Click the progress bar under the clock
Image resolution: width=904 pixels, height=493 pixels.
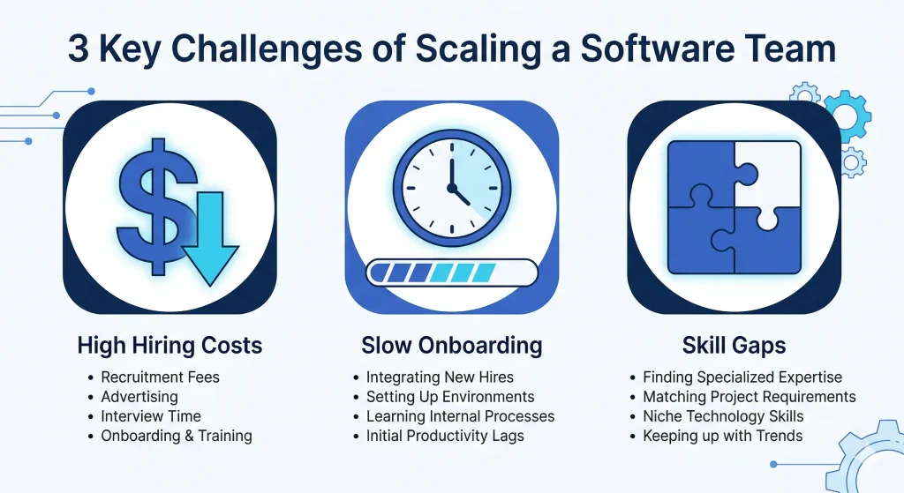pos(451,273)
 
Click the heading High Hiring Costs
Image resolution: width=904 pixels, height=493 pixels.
pos(169,345)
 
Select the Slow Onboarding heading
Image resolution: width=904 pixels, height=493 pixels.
pos(451,345)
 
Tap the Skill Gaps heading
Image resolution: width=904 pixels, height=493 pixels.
pos(734,345)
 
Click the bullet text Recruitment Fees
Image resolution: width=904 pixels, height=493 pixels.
pos(160,377)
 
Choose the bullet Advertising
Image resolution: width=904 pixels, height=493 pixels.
pos(139,397)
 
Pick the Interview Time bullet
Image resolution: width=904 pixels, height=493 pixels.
pos(151,416)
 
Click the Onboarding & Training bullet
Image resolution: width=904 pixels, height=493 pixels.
pos(176,436)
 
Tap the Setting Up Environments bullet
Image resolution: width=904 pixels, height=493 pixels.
pos(450,397)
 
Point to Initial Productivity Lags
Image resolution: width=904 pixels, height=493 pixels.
pos(445,436)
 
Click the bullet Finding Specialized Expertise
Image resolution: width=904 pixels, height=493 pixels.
pos(742,377)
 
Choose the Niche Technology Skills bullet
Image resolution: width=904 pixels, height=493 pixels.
pos(723,416)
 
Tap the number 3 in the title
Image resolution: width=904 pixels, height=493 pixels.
pos(79,49)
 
